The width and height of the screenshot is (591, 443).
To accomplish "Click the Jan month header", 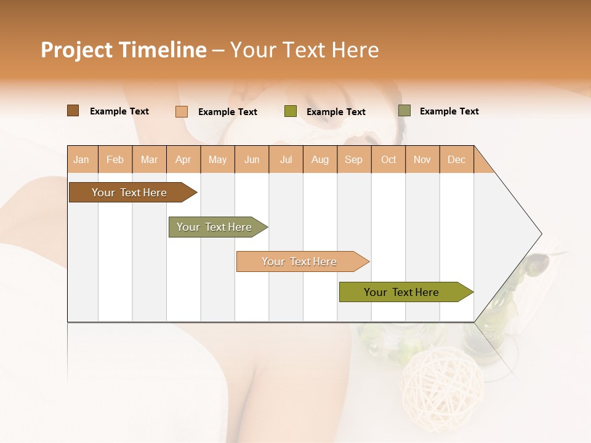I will point(81,160).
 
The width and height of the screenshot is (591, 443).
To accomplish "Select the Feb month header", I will point(115,160).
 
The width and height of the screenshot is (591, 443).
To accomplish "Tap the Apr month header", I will point(183,160).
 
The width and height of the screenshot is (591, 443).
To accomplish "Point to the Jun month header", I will point(252,160).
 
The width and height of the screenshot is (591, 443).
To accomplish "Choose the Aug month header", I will point(320,160).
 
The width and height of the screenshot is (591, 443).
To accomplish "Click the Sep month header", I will point(354,160).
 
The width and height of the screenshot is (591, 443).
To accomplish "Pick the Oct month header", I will point(388,160).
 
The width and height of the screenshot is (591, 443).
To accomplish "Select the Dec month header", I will point(457,160).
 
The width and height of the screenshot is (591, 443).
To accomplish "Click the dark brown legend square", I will point(73,111).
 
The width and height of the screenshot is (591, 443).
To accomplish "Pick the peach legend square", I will point(182,111).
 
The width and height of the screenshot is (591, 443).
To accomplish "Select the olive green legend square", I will point(291,111).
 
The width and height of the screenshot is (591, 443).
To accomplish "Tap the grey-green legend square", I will point(404,111).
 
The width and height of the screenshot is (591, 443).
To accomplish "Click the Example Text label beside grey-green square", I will point(449,111).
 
